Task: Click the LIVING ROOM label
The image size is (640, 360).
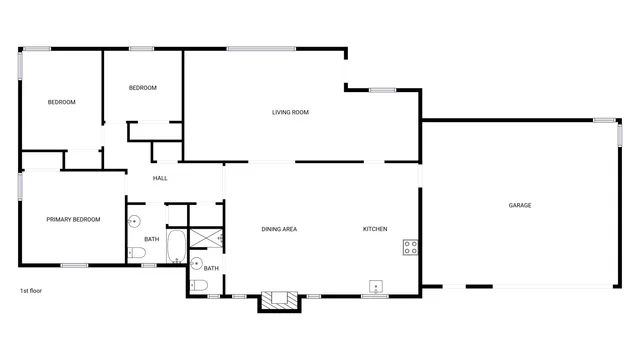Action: [290, 112]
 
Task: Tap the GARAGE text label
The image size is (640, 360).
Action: [520, 205]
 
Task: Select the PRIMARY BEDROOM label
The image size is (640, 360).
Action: [73, 219]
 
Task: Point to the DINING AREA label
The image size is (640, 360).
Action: [279, 229]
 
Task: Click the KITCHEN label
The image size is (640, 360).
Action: [375, 229]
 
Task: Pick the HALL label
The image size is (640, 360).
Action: [160, 178]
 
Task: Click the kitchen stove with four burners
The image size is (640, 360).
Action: [410, 246]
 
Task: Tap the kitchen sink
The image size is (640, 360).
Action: [376, 285]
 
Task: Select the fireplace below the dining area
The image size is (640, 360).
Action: [278, 298]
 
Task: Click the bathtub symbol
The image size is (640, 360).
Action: [176, 246]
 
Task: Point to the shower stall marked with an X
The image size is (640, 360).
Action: [207, 237]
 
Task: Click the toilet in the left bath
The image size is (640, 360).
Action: [138, 254]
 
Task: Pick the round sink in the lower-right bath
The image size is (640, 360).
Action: [196, 263]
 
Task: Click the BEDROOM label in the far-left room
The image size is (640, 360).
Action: [62, 102]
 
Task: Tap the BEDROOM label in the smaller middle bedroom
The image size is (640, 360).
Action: [143, 88]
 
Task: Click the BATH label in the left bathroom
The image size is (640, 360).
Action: [151, 239]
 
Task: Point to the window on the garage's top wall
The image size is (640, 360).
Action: [604, 120]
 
